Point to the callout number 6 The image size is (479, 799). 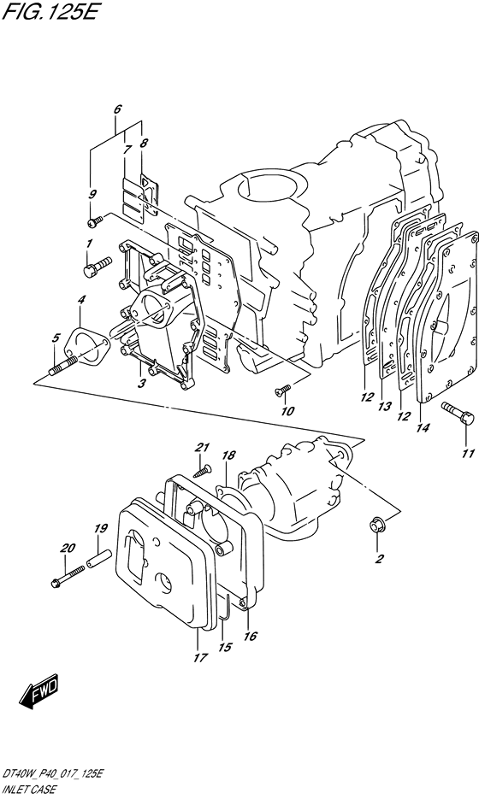point(117,109)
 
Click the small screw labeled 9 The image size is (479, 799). point(94,222)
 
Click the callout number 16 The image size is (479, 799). point(251,636)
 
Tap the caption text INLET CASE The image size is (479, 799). point(28,790)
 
